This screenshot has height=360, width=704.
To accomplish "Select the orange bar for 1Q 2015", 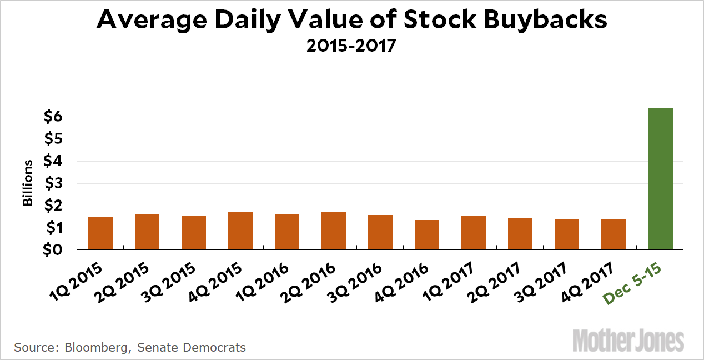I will click(100, 233).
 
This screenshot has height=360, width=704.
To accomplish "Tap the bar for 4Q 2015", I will click(240, 231).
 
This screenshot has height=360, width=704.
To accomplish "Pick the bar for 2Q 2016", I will click(334, 231).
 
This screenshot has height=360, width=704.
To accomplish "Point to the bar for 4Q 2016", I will click(427, 235).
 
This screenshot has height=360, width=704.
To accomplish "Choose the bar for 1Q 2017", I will click(474, 233).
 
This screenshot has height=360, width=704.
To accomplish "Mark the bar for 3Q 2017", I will click(567, 234).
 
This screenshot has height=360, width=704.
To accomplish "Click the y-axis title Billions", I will click(28, 183).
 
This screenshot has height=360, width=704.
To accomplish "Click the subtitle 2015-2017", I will click(351, 45).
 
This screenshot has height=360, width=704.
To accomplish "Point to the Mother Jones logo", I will click(628, 339).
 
